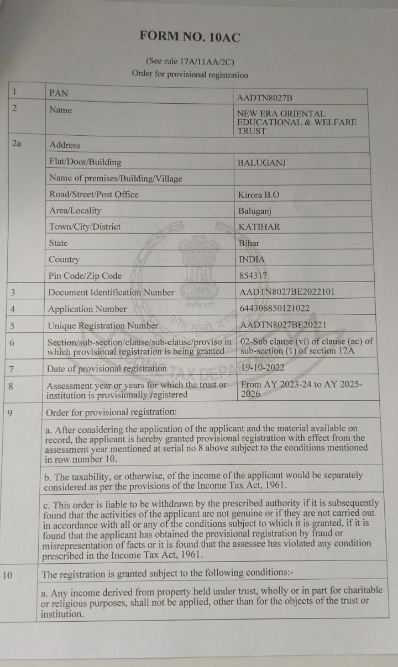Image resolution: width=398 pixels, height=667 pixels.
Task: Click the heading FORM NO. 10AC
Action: point(190,37)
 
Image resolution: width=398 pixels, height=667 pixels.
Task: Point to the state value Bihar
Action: point(249,243)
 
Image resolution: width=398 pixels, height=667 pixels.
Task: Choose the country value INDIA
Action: point(252,259)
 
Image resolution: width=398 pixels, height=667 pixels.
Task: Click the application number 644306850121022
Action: point(275,308)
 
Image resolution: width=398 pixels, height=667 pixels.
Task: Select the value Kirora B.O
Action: point(259,194)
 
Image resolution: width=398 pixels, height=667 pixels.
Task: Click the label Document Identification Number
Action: point(111,293)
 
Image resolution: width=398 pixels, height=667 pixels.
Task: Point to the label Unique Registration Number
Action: point(103,325)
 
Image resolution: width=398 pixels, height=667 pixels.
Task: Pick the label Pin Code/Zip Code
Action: point(85,276)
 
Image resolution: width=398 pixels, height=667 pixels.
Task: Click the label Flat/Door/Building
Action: point(85,162)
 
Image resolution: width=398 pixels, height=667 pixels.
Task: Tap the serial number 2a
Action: point(17,144)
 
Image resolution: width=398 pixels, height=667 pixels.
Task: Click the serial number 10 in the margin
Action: point(7,575)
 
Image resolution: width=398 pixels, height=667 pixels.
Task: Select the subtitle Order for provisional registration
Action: point(190,75)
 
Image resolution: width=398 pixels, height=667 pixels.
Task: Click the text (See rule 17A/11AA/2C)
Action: point(190,61)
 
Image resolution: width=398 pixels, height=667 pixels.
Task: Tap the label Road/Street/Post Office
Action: point(94,194)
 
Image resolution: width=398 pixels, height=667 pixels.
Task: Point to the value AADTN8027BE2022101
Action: point(287,292)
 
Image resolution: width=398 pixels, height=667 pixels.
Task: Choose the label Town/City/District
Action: point(85,226)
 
